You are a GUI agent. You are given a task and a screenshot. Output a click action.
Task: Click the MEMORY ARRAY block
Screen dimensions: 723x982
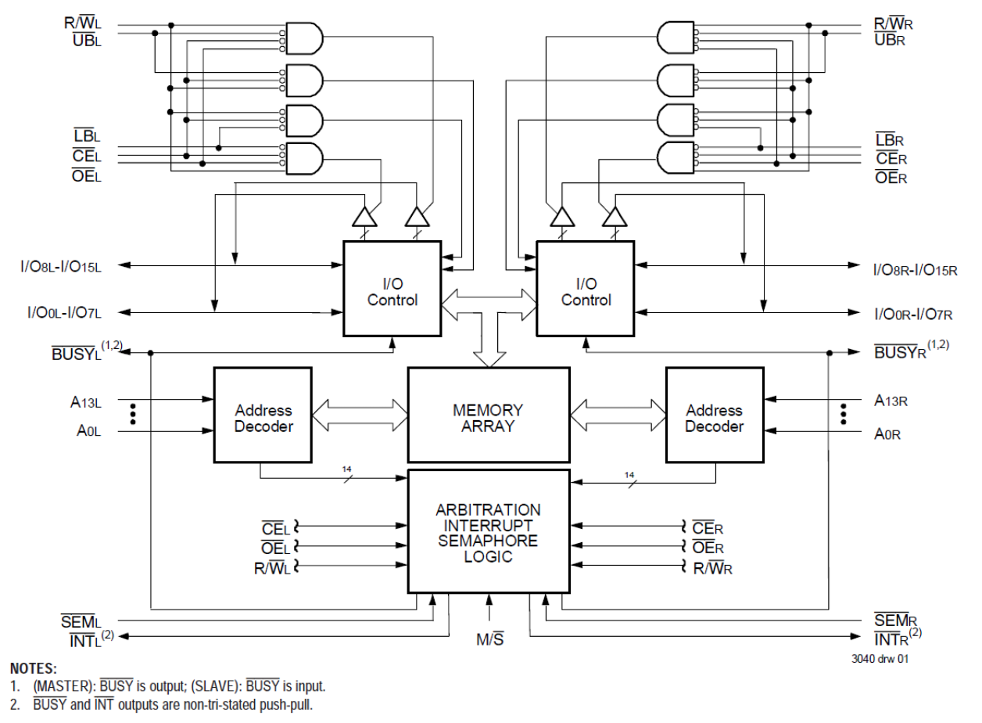489,417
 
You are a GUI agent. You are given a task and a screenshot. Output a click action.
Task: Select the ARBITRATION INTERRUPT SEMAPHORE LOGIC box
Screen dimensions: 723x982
488,532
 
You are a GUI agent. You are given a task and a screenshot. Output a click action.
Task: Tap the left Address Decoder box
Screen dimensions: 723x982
263,417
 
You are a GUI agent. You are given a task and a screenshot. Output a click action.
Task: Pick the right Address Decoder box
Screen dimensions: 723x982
714,417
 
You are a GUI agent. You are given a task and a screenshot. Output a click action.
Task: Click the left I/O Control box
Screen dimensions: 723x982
392,290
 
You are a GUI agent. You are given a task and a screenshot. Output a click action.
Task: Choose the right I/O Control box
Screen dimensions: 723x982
586,290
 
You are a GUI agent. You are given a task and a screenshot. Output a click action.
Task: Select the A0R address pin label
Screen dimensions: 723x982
887,433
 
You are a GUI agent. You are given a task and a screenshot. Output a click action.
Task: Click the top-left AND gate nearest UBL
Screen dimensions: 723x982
306,37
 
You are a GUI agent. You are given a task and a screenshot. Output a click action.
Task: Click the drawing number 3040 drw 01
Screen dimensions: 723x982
880,659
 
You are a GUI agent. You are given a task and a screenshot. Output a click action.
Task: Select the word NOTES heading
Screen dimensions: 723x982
34,668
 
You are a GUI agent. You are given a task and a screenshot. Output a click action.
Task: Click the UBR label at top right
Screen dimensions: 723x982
890,39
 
